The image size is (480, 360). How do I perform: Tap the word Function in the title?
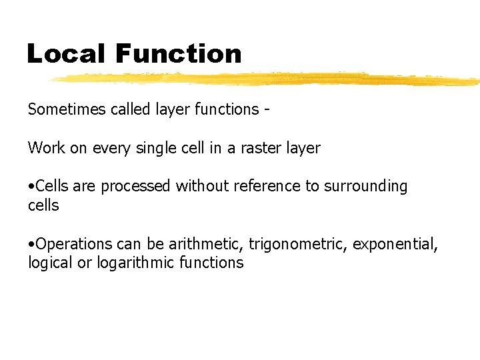[178, 53]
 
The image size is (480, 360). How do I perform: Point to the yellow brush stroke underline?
[267, 79]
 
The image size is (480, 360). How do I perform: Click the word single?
[161, 149]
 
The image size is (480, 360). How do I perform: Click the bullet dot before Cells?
[31, 187]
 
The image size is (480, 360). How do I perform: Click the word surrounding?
[365, 187]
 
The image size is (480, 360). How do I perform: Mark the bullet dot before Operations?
[31, 245]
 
